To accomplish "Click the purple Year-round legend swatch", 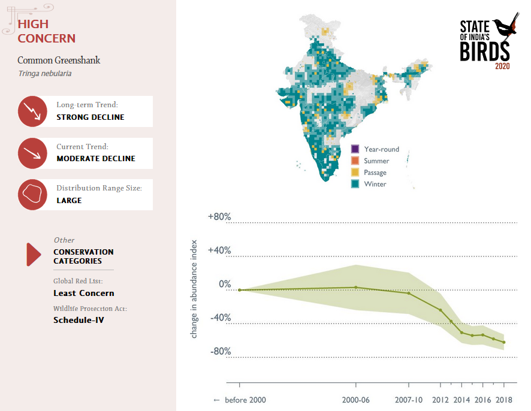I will (x=355, y=149).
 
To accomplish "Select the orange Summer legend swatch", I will (x=355, y=161).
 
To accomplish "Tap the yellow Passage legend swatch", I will (x=355, y=173).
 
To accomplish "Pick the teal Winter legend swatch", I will (x=355, y=184).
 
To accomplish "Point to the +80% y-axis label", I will (x=219, y=217).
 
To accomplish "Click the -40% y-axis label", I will (x=219, y=318).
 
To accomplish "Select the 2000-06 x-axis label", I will (x=356, y=400).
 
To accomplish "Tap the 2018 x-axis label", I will (x=504, y=400).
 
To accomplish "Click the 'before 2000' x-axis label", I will (x=240, y=400).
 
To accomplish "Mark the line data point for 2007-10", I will (x=409, y=293).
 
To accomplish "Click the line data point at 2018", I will (x=504, y=342).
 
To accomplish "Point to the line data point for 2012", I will (x=441, y=310).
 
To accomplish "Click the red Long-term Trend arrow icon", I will (x=33, y=111).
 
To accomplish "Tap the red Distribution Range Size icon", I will (x=33, y=194).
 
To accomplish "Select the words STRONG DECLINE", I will (x=90, y=117).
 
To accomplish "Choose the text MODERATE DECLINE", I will (x=96, y=159).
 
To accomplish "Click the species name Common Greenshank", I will (x=59, y=61).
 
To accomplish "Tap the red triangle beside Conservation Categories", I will (x=33, y=254).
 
